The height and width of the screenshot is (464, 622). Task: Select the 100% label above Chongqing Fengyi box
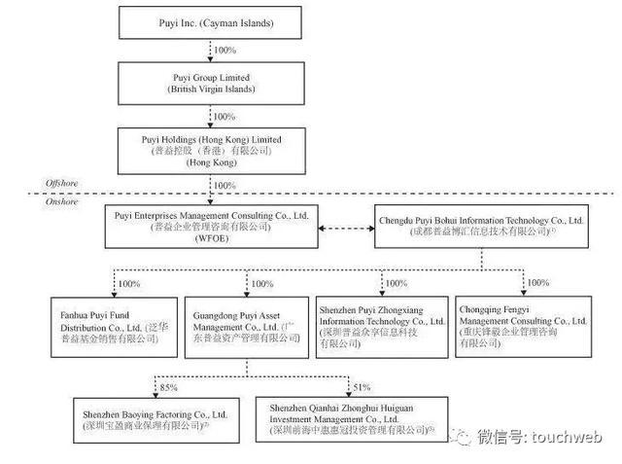(x=539, y=284)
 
